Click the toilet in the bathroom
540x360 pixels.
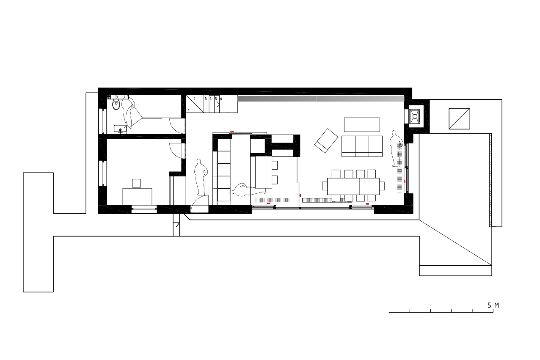coord(116,104)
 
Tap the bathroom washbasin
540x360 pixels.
coord(120,129)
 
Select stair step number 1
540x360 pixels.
coord(189,110)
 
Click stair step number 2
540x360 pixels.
coord(195,99)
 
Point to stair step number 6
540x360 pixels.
coord(221,99)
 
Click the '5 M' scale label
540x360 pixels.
coord(493,305)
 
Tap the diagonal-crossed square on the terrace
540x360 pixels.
coord(459,118)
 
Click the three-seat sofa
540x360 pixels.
coord(362,146)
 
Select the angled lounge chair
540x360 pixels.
coord(326,141)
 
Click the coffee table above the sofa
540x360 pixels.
coord(362,124)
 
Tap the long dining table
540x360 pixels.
coord(353,186)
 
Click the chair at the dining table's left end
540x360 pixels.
coord(325,186)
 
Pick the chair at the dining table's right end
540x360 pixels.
coord(382,186)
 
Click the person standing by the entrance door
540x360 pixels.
coord(201,177)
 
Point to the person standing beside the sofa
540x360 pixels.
coord(396,148)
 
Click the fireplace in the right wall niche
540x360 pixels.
coord(415,116)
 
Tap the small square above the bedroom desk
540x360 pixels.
coord(136,183)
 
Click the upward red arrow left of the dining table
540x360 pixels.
coord(300,195)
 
